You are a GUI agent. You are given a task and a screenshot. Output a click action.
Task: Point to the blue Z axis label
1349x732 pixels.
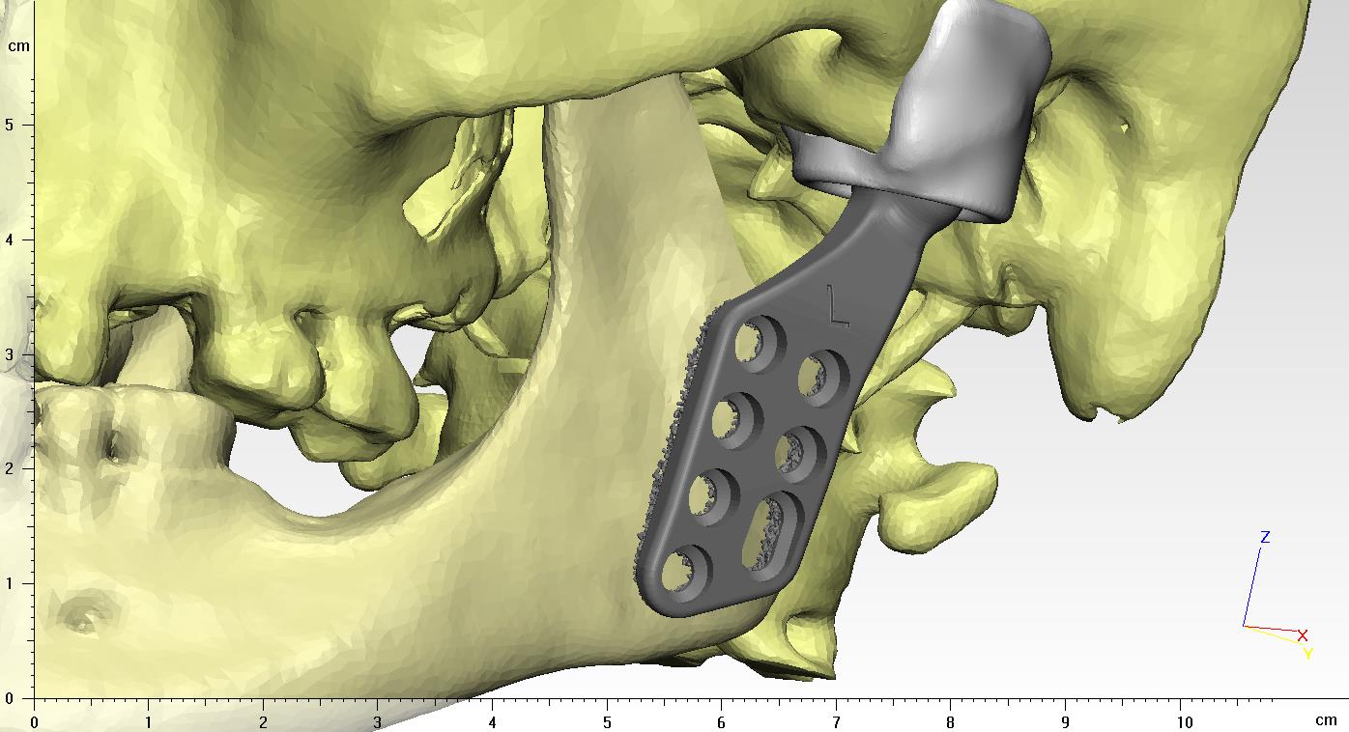coord(1265,537)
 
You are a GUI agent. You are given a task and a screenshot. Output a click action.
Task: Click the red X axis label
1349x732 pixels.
coord(1303,635)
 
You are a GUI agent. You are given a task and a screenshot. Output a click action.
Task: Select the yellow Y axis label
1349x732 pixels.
coord(1307,654)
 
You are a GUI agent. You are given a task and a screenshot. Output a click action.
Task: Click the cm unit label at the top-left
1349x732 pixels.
coord(18,46)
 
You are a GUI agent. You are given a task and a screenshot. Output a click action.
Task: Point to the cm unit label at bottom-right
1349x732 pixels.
coord(1325,720)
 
